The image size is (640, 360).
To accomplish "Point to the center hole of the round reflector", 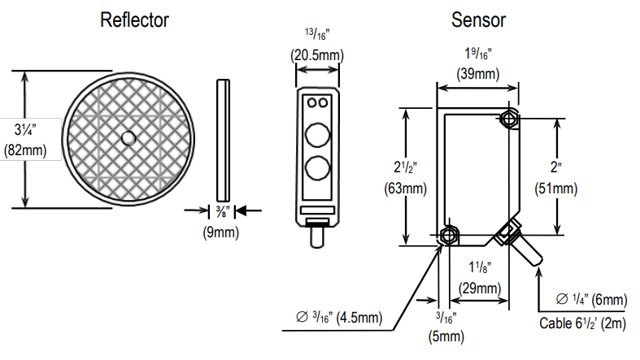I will (128, 139).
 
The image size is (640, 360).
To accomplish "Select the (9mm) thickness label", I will (220, 232).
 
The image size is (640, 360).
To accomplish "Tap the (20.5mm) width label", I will (318, 55).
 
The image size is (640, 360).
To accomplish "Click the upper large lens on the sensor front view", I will (318, 134).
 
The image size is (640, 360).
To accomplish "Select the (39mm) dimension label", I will (478, 74).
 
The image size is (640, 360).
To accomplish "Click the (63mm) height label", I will (405, 189).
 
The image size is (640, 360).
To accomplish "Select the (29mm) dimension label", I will (478, 288).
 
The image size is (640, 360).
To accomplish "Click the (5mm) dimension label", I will (446, 335).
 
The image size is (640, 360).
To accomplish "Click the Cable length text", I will (583, 323).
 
